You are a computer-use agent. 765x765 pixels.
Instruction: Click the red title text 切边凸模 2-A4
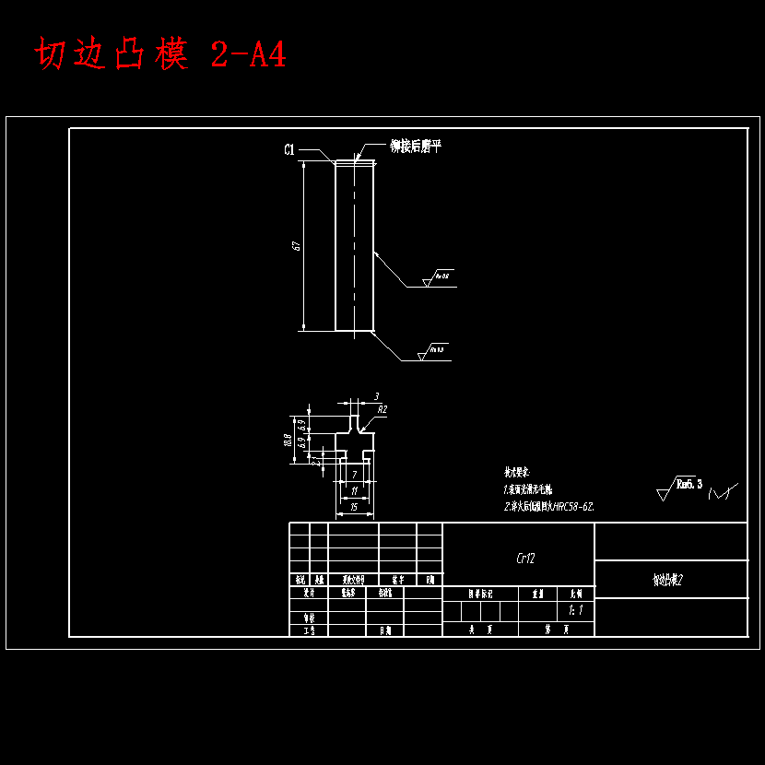161,55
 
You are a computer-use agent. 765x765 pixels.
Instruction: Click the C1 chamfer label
288,150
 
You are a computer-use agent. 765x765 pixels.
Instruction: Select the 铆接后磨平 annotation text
416,146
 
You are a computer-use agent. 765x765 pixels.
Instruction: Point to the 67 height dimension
296,245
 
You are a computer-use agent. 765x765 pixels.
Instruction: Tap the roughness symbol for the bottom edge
432,353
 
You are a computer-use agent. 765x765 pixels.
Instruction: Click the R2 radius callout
382,408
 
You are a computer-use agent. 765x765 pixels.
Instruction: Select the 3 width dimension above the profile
376,396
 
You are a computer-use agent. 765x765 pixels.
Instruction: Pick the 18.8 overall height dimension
288,440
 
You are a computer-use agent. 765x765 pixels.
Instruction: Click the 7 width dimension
355,473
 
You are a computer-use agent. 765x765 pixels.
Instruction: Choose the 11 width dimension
355,490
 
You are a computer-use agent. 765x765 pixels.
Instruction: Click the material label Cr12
525,558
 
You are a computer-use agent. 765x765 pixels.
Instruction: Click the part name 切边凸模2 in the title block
667,580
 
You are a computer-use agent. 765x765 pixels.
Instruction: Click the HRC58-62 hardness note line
549,506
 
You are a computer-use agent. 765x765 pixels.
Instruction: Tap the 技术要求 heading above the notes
517,470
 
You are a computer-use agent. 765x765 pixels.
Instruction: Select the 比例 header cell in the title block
576,594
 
